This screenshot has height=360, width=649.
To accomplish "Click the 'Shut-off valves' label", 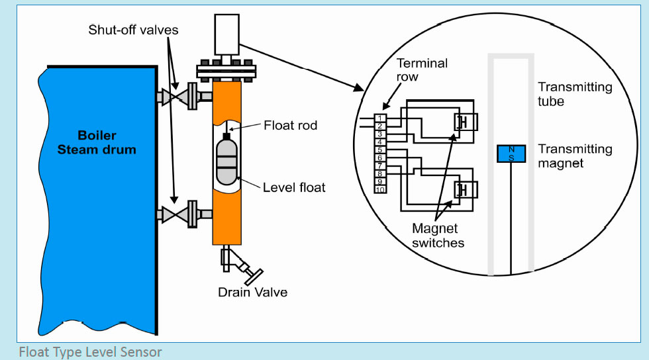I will click(133, 30).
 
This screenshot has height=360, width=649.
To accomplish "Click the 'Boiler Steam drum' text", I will click(97, 142).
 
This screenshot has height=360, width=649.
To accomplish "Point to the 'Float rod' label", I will click(290, 125).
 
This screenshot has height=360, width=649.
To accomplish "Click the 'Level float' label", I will click(294, 187).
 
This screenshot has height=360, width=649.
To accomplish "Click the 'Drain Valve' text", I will click(252, 291).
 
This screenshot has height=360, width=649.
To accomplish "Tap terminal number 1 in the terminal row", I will click(380, 118).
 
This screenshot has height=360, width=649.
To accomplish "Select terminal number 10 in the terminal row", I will click(380, 190).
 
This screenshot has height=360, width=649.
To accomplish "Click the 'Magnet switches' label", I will click(438, 236).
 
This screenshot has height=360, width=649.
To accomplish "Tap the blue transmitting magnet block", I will click(511, 154).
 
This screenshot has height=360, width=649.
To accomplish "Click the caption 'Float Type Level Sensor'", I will click(90, 351).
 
